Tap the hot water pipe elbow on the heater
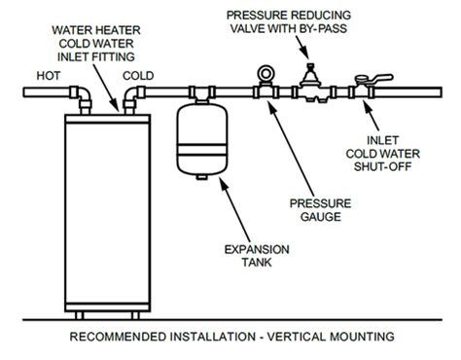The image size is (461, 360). tap(75, 94)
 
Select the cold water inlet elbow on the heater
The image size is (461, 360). tap(130, 94)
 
